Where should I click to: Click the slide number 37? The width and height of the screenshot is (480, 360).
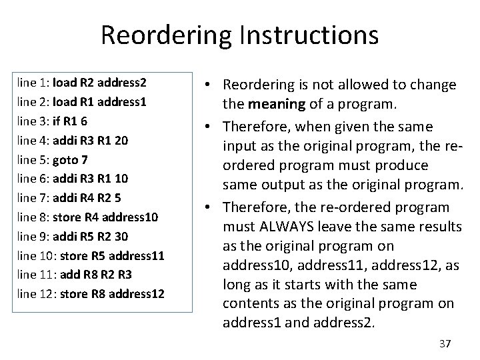[445, 343]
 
